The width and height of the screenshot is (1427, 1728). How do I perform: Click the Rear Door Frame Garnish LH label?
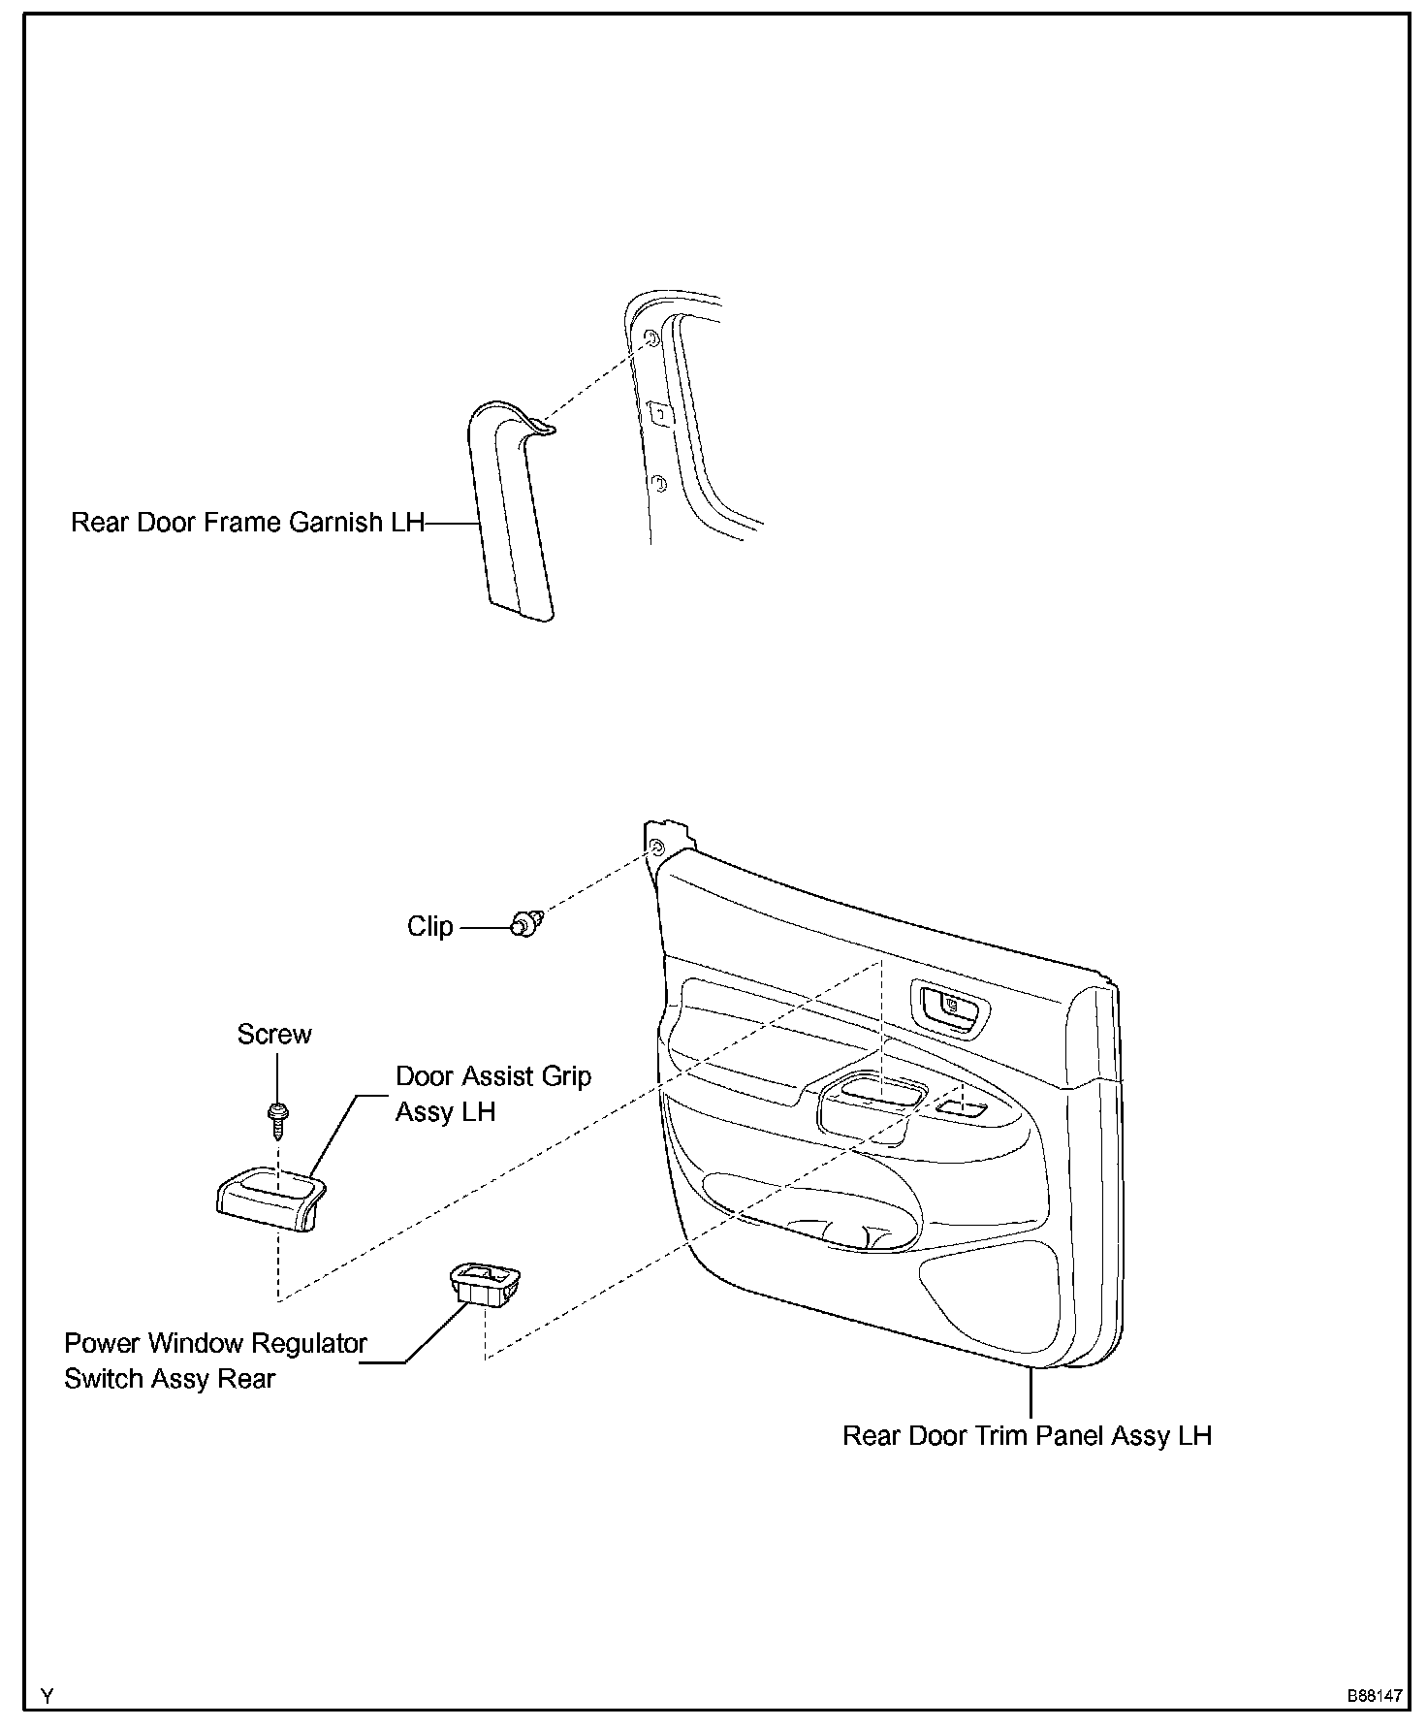click(x=247, y=523)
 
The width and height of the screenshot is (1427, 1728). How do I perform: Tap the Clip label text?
click(x=429, y=927)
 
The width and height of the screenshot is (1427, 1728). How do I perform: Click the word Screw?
click(x=274, y=1035)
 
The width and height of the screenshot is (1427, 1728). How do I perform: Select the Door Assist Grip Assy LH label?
click(x=492, y=1094)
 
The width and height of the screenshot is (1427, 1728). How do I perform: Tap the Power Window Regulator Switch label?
click(x=215, y=1360)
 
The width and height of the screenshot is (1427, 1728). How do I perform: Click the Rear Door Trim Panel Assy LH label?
click(x=1027, y=1435)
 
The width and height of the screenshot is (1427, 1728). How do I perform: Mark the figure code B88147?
click(x=1373, y=1697)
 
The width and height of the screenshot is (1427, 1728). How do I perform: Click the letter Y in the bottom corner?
click(x=48, y=1696)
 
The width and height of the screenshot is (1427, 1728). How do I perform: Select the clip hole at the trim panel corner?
click(x=656, y=848)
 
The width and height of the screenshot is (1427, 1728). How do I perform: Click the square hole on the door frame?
click(x=658, y=414)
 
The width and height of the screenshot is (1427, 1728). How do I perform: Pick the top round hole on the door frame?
click(x=651, y=339)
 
